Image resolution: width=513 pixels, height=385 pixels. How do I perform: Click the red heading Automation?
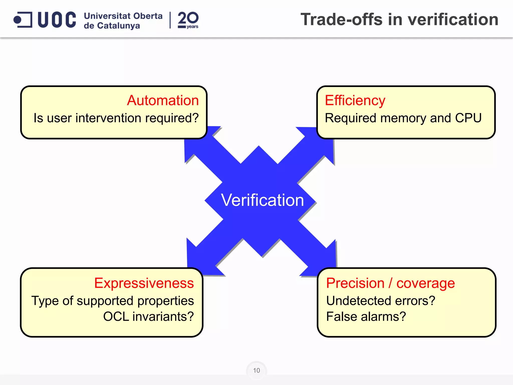click(163, 101)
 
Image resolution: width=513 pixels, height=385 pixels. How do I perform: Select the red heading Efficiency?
click(355, 101)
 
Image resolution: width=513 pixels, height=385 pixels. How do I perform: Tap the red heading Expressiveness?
click(144, 283)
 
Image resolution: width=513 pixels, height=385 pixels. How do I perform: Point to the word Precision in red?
click(355, 283)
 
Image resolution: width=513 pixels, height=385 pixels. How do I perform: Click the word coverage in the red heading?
click(426, 283)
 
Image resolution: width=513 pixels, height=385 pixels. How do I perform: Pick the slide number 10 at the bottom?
click(256, 370)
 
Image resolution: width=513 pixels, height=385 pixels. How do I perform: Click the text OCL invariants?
click(149, 316)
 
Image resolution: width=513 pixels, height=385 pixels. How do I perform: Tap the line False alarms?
click(366, 316)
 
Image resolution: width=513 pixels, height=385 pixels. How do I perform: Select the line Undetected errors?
click(381, 301)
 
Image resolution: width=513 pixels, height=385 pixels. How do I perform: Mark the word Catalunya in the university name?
click(118, 26)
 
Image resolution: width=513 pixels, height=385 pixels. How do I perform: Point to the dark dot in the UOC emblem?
click(18, 20)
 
